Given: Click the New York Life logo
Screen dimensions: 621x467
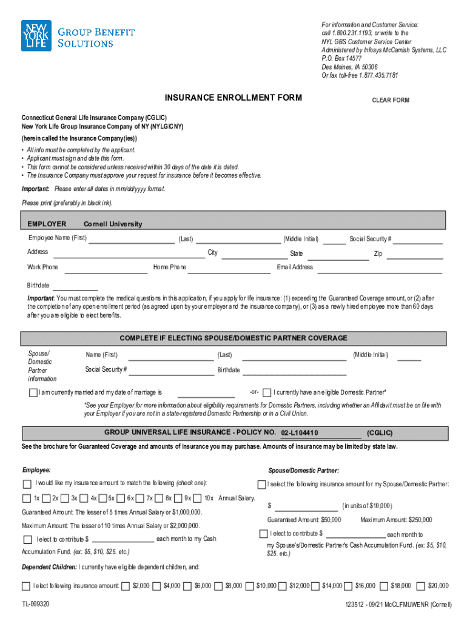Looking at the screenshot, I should (36, 36).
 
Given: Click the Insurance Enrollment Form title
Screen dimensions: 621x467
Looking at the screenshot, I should (233, 98).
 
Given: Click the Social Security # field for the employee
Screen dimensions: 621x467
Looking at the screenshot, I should (420, 239).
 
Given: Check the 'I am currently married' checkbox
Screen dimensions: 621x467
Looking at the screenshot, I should (33, 392).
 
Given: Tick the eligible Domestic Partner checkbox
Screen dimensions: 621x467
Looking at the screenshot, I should (267, 392).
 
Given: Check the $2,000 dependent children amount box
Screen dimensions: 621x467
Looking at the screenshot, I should (125, 586).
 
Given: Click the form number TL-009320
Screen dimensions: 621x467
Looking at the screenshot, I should (36, 605).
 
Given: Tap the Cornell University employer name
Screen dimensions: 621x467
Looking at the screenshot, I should (113, 224).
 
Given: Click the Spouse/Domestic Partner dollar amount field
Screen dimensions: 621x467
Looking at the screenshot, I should (306, 506).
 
